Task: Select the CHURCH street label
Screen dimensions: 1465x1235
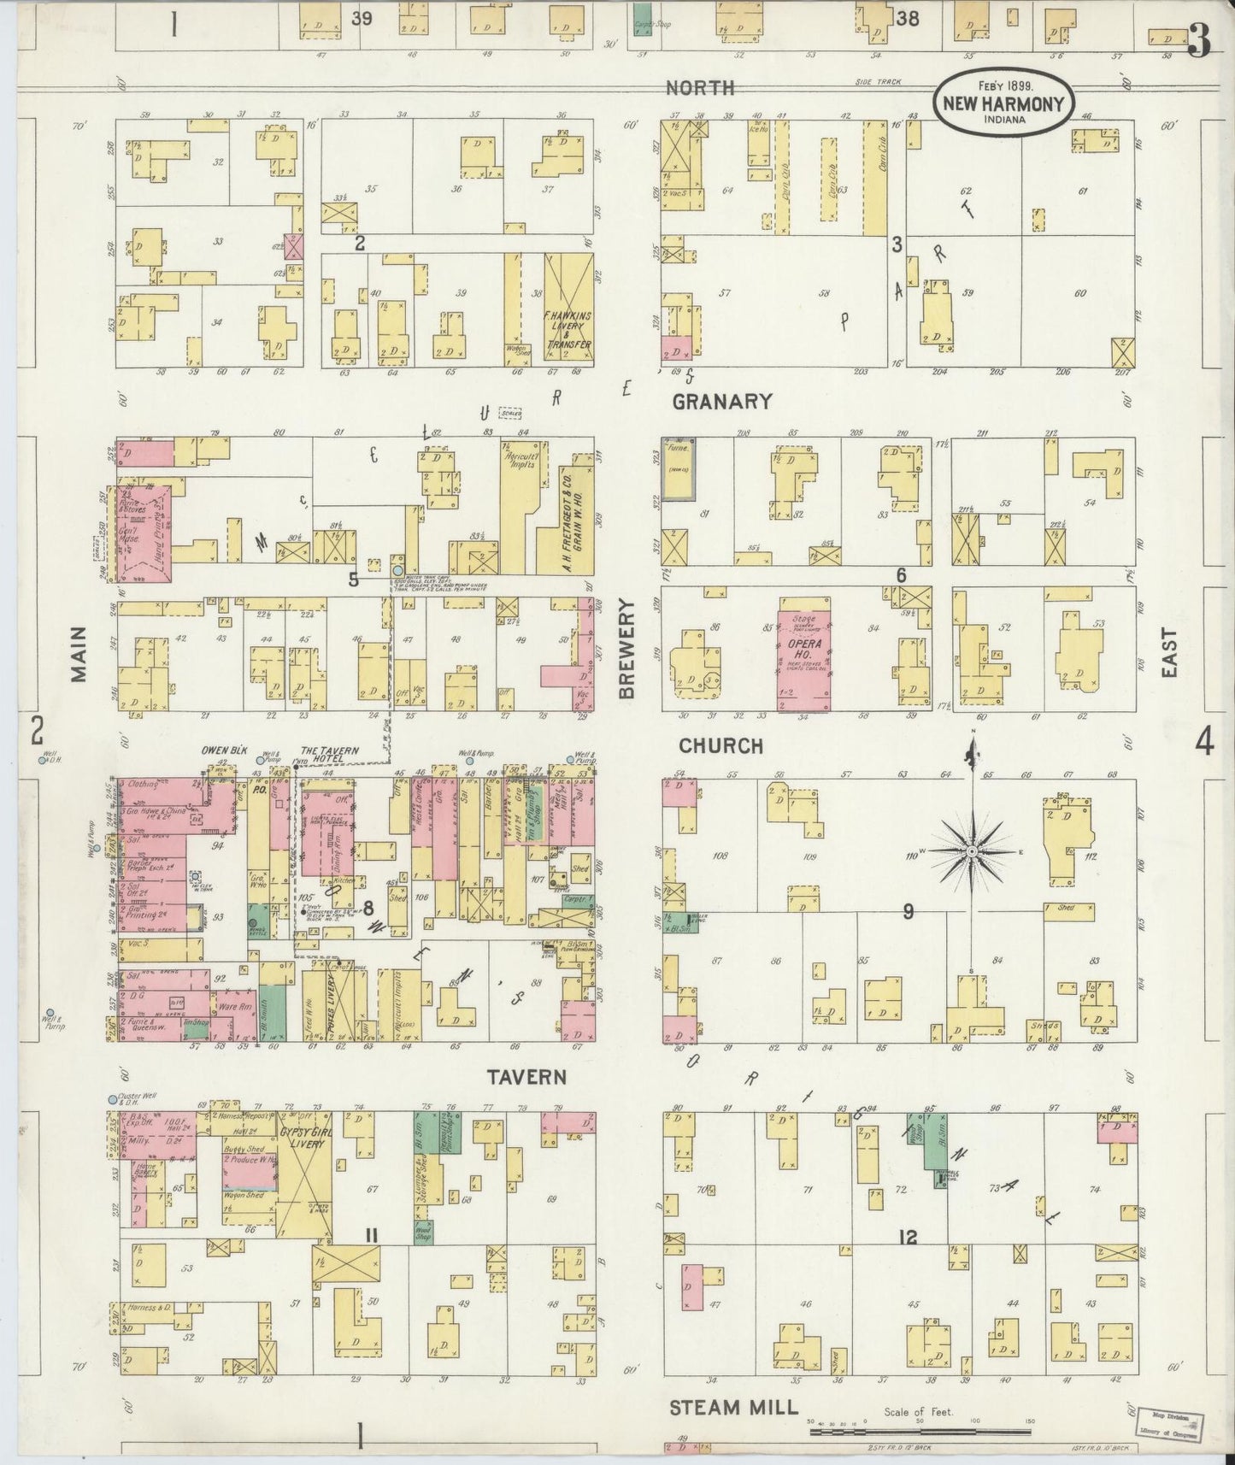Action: [720, 745]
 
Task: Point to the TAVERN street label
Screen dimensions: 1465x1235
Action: [527, 1076]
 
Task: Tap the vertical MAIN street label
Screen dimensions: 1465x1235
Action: [79, 654]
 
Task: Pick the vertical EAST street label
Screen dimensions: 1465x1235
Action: [1168, 654]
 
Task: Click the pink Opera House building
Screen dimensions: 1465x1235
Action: [803, 660]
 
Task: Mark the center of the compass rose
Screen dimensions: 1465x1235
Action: [973, 852]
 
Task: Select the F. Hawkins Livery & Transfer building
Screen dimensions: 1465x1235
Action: [568, 308]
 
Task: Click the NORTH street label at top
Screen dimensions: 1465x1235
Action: [699, 87]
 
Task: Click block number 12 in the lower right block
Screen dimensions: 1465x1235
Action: [907, 1236]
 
